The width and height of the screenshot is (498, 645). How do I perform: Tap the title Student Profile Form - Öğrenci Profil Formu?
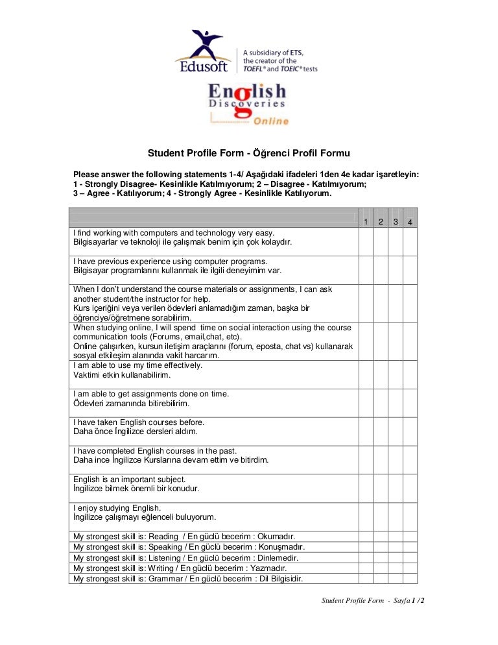[249, 154]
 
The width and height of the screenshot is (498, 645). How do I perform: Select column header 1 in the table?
[366, 223]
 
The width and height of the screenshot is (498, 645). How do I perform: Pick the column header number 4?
[410, 223]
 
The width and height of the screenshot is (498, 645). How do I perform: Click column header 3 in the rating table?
[396, 223]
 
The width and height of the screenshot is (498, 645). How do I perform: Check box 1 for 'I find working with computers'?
[366, 241]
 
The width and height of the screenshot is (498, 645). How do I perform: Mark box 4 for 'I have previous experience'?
[410, 269]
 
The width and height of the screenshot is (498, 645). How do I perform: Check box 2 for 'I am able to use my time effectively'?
[381, 374]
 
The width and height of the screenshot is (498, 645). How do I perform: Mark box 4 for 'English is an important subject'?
[410, 487]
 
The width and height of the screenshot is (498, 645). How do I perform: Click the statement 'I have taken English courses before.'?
[139, 422]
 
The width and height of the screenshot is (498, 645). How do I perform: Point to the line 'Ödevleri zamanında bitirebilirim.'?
[132, 404]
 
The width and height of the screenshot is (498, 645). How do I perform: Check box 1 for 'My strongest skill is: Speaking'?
[366, 547]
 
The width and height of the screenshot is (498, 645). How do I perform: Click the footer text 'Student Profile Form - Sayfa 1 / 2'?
[373, 601]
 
